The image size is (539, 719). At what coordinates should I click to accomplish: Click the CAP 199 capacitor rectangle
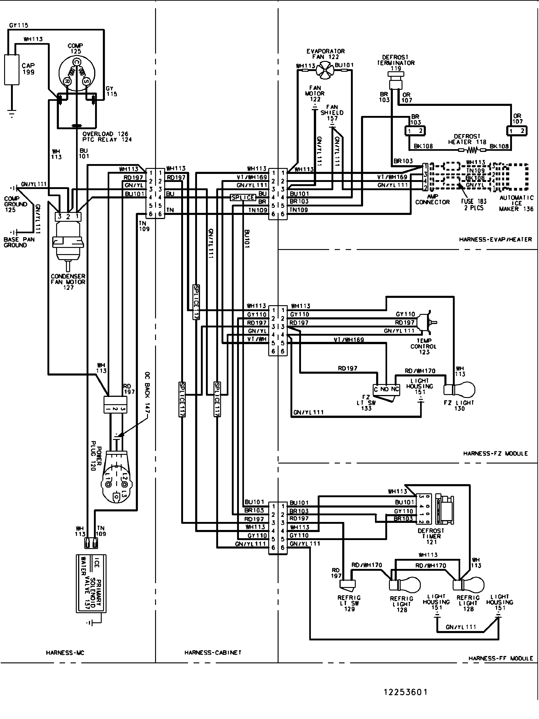coord(11,70)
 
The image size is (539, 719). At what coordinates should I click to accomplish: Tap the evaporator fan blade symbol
coord(325,70)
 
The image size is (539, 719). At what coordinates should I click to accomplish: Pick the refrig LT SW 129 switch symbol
coord(347,584)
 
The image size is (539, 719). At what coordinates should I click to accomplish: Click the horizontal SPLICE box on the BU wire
coord(243,197)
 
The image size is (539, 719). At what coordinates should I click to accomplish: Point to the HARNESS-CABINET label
coord(213,652)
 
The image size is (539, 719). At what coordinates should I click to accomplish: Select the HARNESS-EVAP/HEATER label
coord(495,239)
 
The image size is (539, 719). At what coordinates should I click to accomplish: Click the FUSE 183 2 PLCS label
coord(473,204)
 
